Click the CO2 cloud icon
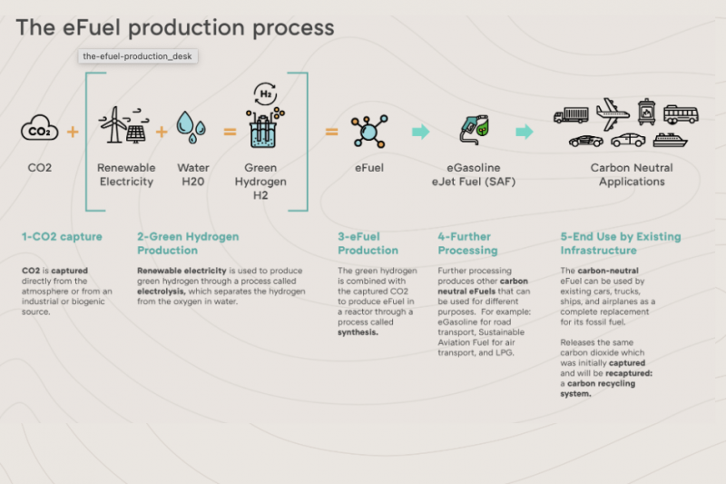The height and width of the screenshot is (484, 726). click(x=39, y=128)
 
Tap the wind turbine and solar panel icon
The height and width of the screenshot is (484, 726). click(x=124, y=124)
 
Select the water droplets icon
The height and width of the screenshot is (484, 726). click(x=191, y=127)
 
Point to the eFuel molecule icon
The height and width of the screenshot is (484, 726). click(x=369, y=132)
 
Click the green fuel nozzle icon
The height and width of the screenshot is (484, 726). click(x=474, y=129)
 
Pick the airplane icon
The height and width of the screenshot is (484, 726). click(x=613, y=114)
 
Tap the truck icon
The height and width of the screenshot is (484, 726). click(x=571, y=115)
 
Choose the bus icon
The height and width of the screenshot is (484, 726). click(x=681, y=114)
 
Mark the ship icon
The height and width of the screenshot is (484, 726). click(x=670, y=141)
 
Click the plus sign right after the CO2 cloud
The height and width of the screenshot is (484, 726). click(x=73, y=132)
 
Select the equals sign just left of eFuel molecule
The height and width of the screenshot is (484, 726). click(x=331, y=132)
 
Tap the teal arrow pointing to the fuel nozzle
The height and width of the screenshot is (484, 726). click(x=420, y=132)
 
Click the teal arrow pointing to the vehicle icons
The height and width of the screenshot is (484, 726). click(x=525, y=132)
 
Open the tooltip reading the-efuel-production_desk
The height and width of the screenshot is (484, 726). click(x=138, y=56)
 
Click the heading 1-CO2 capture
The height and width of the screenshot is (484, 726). click(x=62, y=237)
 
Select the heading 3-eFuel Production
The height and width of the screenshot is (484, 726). click(x=368, y=243)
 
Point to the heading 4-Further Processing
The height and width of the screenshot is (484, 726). click(x=467, y=243)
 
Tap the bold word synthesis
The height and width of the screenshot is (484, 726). click(x=358, y=332)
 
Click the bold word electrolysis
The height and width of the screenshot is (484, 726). click(x=162, y=291)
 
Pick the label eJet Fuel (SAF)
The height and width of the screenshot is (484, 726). click(x=474, y=182)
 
